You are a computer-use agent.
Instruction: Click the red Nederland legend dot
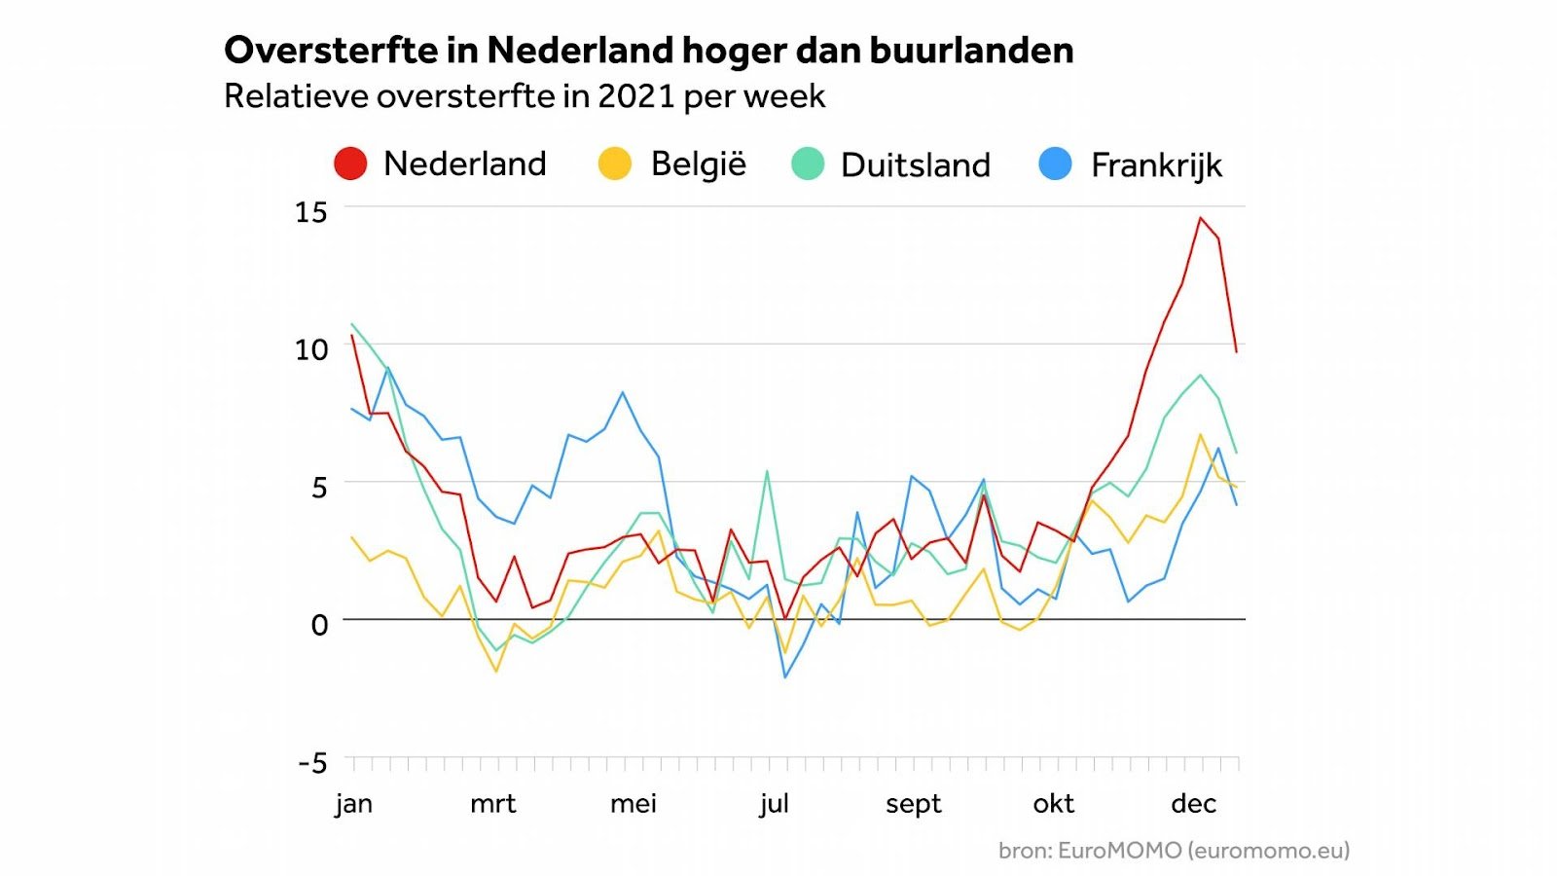(x=350, y=164)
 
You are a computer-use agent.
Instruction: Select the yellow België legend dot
(x=615, y=164)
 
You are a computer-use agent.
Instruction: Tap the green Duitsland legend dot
(x=808, y=164)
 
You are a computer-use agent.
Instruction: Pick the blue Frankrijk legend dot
(x=1056, y=164)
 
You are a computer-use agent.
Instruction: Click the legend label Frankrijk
(x=1156, y=165)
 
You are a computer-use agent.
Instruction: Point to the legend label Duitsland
(x=915, y=165)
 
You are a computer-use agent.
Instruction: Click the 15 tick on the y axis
(x=311, y=212)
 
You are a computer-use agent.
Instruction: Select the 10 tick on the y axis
(x=311, y=349)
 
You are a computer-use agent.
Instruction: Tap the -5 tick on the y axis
(x=312, y=762)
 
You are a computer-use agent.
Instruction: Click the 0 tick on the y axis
(x=319, y=625)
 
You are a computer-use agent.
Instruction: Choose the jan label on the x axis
(x=354, y=804)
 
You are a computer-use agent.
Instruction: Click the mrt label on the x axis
(x=493, y=804)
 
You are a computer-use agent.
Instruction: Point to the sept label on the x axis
(x=914, y=804)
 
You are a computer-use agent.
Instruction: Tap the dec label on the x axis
(x=1194, y=804)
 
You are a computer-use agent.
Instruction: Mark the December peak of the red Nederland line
(x=1200, y=218)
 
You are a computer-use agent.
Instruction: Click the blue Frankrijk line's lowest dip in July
(x=785, y=677)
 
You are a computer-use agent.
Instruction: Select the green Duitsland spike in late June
(x=767, y=472)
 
